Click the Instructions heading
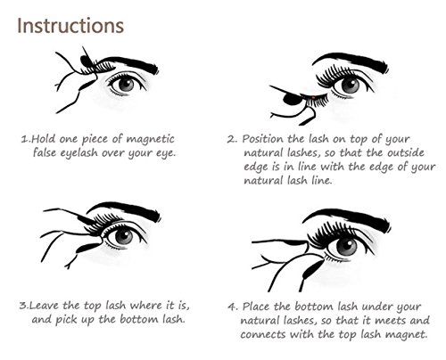(x=70, y=26)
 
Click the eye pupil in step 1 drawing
(x=128, y=84)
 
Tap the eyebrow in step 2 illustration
(x=351, y=61)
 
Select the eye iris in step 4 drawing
(x=346, y=247)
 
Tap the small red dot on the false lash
(x=313, y=97)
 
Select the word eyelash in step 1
(x=78, y=153)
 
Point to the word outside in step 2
(x=406, y=152)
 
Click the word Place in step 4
(x=256, y=307)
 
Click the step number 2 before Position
(x=231, y=139)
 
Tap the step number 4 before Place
(x=232, y=307)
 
